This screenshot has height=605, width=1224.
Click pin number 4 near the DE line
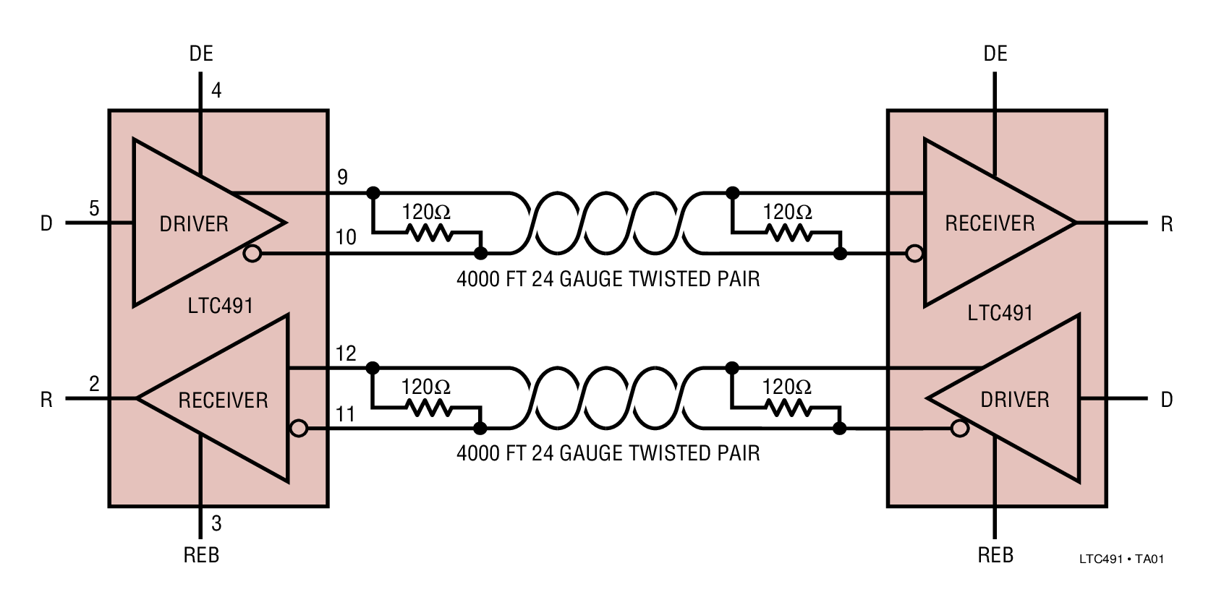(x=216, y=90)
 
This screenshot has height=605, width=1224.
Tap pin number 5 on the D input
(x=94, y=209)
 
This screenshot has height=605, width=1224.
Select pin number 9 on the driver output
(x=342, y=177)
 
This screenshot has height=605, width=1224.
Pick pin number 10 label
(x=346, y=237)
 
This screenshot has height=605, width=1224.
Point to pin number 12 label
(x=346, y=353)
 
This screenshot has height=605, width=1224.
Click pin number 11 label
(x=346, y=414)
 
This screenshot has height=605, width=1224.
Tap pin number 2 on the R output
(x=94, y=384)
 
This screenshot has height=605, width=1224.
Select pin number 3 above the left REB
(x=216, y=523)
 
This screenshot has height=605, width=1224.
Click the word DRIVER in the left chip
(x=194, y=224)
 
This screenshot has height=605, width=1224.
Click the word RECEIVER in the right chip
(x=990, y=223)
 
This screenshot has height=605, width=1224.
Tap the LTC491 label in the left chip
(x=220, y=306)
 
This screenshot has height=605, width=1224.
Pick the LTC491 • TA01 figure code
(x=1121, y=559)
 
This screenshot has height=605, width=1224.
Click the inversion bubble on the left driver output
(x=252, y=254)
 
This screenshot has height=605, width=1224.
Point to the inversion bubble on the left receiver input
(x=299, y=429)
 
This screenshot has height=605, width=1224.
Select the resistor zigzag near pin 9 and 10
(x=430, y=233)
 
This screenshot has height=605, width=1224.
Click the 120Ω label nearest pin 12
(x=426, y=387)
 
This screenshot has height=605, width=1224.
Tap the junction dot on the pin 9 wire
(x=373, y=193)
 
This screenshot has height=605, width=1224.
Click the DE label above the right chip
(x=995, y=53)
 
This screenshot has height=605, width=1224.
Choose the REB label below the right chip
(x=995, y=555)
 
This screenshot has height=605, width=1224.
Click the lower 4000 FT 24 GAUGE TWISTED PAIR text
(x=608, y=453)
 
